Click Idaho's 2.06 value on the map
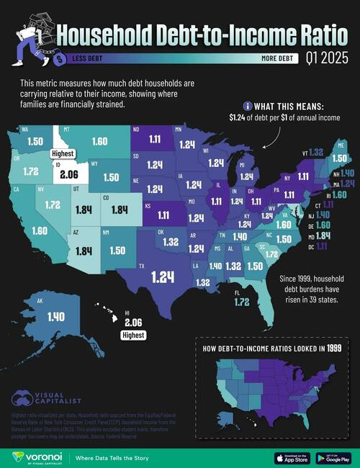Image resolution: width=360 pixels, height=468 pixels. tap(69, 174)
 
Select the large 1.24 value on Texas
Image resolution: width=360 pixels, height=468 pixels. tap(163, 275)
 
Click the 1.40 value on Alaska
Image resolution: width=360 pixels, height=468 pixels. tap(55, 316)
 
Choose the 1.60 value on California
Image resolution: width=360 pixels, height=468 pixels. tap(39, 230)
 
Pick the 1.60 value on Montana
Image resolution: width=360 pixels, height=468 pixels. tap(99, 142)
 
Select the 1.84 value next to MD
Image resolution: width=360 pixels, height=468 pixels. tap(321, 235)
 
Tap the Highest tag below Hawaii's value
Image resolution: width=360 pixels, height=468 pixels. tap(132, 335)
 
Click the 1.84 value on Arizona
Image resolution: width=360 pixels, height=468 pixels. tap(81, 250)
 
